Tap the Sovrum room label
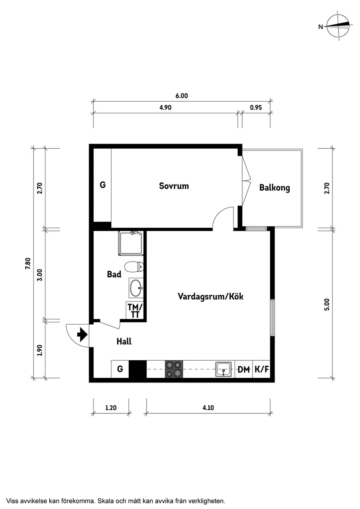pyautogui.click(x=174, y=186)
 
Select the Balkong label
pyautogui.click(x=274, y=188)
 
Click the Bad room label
pyautogui.click(x=114, y=274)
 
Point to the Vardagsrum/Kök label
pyautogui.click(x=210, y=297)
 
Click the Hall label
pyautogui.click(x=124, y=342)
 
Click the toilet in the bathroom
pyautogui.click(x=132, y=266)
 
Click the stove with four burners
pyautogui.click(x=174, y=369)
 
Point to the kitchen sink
pyautogui.click(x=224, y=369)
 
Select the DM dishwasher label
pyautogui.click(x=243, y=370)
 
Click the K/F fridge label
pyautogui.click(x=261, y=370)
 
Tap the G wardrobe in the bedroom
pyautogui.click(x=103, y=185)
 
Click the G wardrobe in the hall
pyautogui.click(x=120, y=369)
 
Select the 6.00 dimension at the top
pyautogui.click(x=182, y=96)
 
